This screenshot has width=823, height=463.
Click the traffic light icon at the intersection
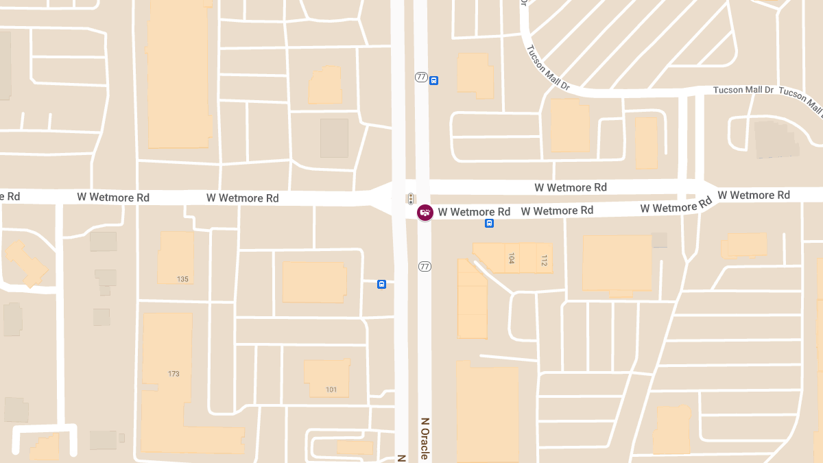tap(410, 199)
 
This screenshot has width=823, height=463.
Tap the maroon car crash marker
tap(425, 212)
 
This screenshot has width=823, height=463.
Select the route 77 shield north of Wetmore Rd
tap(421, 77)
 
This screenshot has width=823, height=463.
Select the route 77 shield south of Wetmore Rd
tap(425, 266)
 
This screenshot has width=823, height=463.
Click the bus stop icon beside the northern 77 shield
tap(433, 80)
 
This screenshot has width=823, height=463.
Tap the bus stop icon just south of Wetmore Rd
tap(490, 223)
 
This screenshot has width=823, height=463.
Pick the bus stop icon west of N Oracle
tap(381, 284)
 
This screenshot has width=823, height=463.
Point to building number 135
tap(182, 279)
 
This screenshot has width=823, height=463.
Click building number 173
tap(174, 373)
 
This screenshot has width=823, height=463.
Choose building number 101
tap(331, 390)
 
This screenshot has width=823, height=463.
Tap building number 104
tap(511, 259)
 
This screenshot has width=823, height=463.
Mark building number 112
tap(544, 261)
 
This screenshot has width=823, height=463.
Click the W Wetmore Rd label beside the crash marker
tap(475, 212)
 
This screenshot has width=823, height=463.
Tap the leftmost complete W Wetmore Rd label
tap(113, 197)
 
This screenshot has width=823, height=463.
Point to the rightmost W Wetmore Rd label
tap(754, 195)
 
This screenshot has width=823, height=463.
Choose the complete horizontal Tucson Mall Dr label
tap(743, 90)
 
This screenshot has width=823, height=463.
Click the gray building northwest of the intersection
tap(334, 138)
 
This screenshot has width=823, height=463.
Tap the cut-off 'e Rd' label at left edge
tap(10, 197)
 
